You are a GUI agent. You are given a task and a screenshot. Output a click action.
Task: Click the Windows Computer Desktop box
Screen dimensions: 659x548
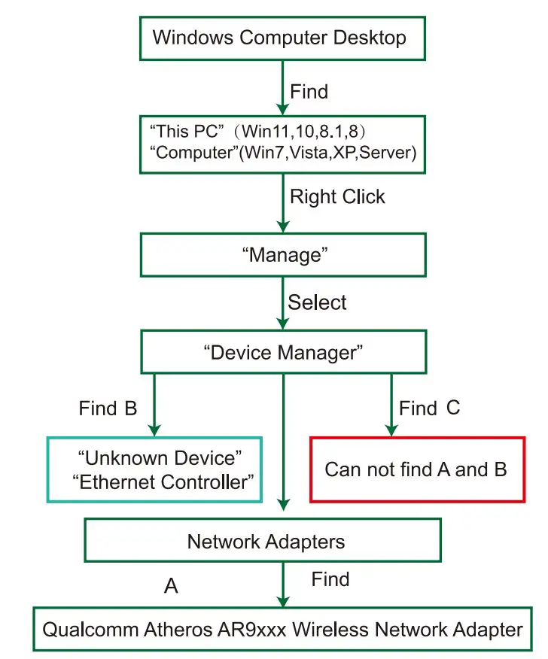[x=279, y=38]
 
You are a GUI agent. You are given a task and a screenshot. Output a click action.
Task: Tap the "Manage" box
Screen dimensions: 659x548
[x=285, y=256]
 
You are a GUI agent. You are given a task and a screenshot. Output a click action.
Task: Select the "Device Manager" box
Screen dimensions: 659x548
[x=285, y=351]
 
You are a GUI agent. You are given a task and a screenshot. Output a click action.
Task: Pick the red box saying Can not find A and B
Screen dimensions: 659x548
[x=416, y=469]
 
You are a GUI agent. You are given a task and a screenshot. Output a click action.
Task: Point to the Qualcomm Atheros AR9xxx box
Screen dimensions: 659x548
[x=282, y=629]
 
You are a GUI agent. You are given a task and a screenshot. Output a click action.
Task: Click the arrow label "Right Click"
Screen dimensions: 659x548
[x=337, y=197]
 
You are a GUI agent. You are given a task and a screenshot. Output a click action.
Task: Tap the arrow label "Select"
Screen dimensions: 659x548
[x=318, y=303]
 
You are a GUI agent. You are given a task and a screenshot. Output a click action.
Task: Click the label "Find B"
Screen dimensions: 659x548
[x=108, y=409]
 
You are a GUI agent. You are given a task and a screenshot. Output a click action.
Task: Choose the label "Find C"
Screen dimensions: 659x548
[x=429, y=408]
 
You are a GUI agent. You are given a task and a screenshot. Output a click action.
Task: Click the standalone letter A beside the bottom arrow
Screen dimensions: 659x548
[x=171, y=585]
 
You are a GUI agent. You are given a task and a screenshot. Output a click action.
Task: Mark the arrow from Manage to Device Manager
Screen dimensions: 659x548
[x=284, y=303]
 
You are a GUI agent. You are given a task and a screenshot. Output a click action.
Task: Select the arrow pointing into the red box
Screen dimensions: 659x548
[x=391, y=406]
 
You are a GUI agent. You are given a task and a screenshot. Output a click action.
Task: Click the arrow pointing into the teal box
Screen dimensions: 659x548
[x=154, y=406]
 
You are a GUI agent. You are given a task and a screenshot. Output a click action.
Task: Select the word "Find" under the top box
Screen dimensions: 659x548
[x=309, y=92]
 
